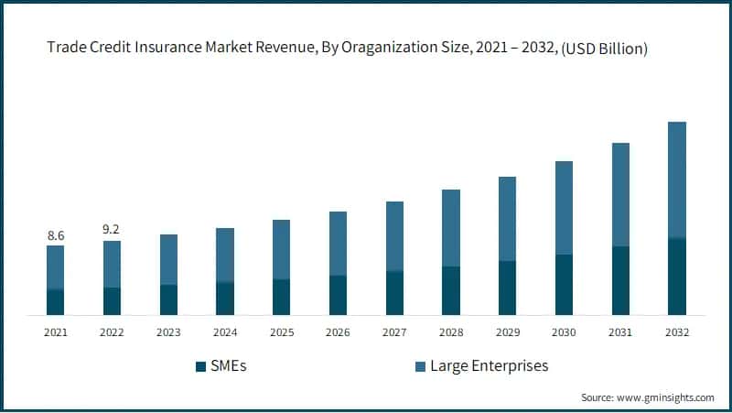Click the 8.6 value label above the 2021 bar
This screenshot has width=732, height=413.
coord(56,235)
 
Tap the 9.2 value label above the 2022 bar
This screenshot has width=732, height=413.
coord(112,231)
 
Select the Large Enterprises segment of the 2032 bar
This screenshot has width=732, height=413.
coord(676,179)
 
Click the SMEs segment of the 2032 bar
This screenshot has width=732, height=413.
coord(676,277)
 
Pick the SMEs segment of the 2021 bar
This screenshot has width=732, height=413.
coord(56,302)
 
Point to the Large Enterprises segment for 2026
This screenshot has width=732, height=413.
coord(338,244)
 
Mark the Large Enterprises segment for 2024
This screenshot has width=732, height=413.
coord(225,255)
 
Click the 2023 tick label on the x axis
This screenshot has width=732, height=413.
coord(168,332)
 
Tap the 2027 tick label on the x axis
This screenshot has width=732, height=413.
coord(394,332)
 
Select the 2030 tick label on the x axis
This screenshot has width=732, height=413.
coord(564,332)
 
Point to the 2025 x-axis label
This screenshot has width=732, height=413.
coord(282,332)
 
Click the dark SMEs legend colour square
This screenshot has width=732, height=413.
coord(200,367)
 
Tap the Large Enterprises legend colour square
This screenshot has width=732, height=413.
coord(420,367)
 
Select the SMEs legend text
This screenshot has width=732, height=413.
coord(229,366)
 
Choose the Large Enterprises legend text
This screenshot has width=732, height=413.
coord(489,366)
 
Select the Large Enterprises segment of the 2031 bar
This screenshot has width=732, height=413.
coord(619,194)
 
